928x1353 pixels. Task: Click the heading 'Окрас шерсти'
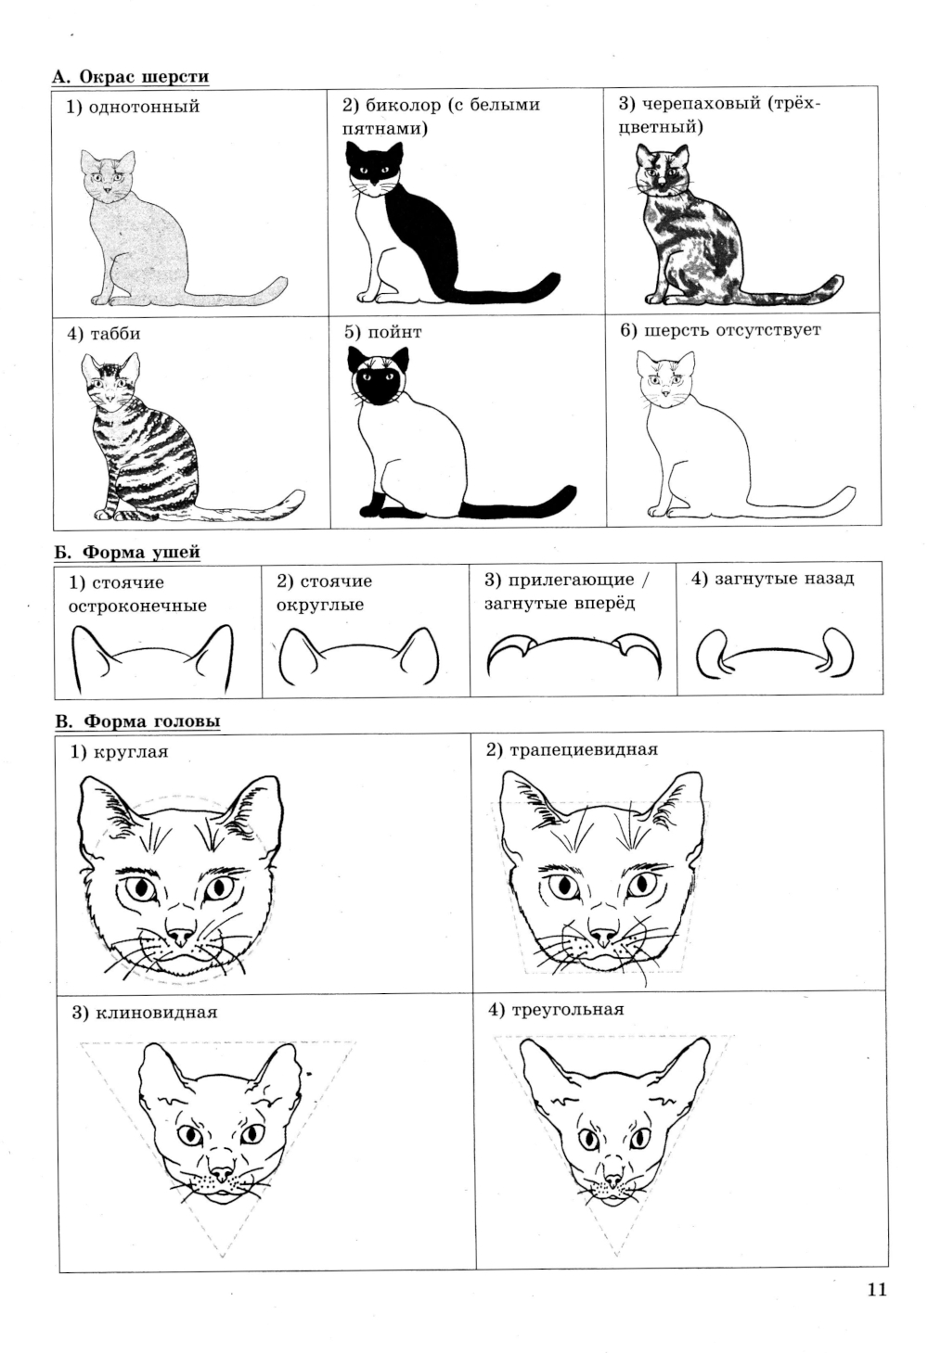coord(145,77)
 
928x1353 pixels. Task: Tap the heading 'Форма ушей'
coord(141,552)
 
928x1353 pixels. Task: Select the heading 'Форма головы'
coord(151,721)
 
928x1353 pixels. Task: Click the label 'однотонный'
coord(144,107)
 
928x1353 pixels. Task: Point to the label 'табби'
coord(115,334)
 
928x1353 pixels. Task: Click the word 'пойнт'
coord(394,332)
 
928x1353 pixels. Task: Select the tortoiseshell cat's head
coord(662,168)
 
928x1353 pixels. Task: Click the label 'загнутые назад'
coord(783,579)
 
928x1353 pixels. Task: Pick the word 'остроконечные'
coord(137,606)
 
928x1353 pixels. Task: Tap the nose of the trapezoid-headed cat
coord(602,937)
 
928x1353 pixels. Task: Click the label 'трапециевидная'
coord(583,749)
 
